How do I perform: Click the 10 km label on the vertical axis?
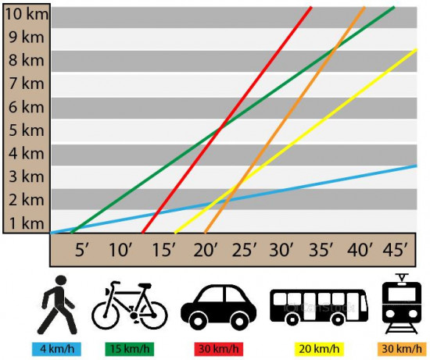point(27,14)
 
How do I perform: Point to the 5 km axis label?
point(26,130)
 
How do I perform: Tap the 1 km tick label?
point(27,223)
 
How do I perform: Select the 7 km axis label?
point(26,84)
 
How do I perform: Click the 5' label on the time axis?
point(82,250)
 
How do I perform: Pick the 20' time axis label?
point(205,250)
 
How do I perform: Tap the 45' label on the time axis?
point(395,250)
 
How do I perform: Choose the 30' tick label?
point(281,250)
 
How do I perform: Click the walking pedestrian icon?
point(57,305)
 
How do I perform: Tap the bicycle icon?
point(130,305)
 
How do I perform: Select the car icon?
point(219,308)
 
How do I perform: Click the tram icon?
point(402,304)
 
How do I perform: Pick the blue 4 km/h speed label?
point(57,349)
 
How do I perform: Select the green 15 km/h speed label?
point(130,349)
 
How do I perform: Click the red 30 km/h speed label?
point(219,349)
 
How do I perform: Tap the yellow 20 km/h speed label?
point(319,349)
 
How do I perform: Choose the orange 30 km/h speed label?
point(402,349)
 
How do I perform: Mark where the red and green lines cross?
point(221,127)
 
